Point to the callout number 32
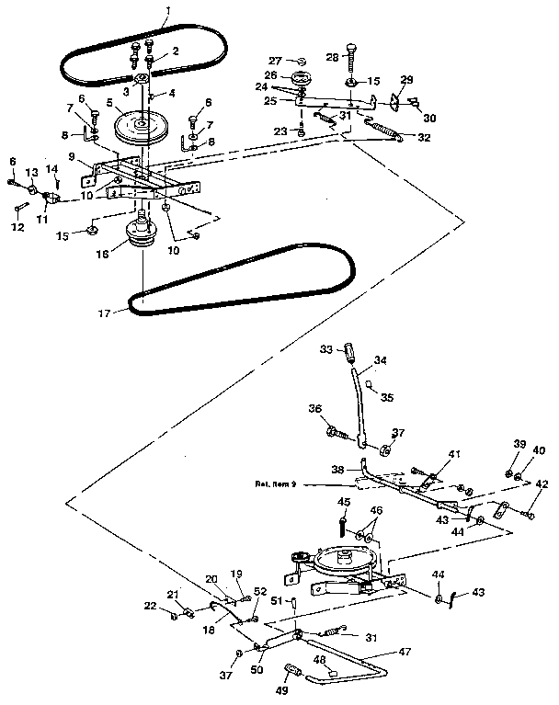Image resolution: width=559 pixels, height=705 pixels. pos(424,138)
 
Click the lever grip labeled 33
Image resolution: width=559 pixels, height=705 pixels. pos(349,351)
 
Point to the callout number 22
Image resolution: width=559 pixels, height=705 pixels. pos(150,605)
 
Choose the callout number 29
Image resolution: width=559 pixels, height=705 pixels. pos(406,81)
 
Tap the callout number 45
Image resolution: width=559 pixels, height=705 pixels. pos(343,503)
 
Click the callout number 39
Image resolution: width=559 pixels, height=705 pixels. pos(519,445)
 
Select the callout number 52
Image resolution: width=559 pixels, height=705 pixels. pos(260,591)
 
